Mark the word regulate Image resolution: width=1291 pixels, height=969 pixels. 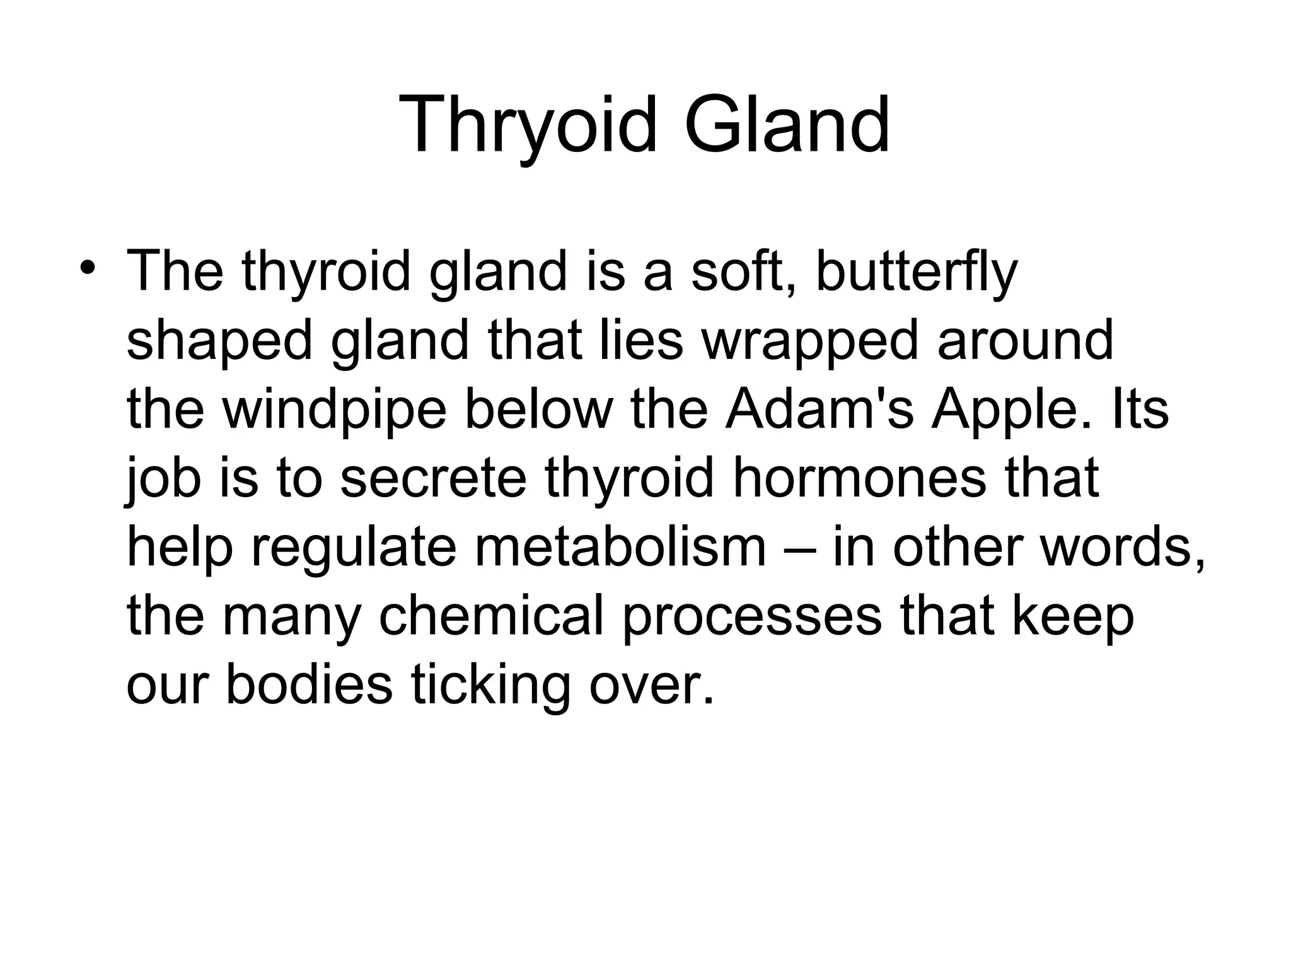(x=353, y=548)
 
